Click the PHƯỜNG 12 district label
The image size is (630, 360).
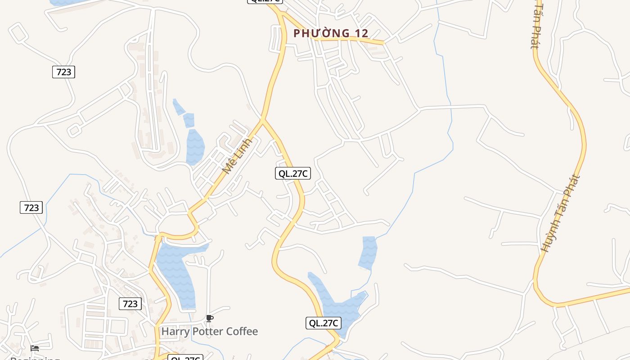pos(331,33)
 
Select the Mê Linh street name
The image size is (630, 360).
pos(237,156)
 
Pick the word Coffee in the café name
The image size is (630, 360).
pos(242,332)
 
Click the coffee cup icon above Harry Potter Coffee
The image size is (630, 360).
pos(209,319)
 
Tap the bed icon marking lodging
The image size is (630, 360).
pos(35,348)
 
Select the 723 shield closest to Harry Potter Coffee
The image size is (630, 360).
pos(130,304)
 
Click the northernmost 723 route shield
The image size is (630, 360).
pos(63,72)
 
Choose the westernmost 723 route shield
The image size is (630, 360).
pos(31,207)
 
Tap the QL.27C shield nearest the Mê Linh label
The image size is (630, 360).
pos(293,173)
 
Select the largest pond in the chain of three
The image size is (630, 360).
pos(195,146)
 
